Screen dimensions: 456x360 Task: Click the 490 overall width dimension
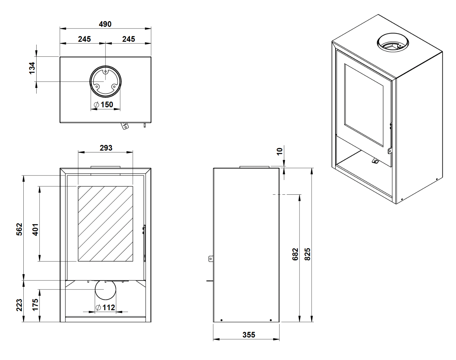[105, 24]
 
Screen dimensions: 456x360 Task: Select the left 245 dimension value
[84, 39]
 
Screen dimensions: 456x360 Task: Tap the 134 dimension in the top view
[32, 68]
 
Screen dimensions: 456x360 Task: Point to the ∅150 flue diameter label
[103, 104]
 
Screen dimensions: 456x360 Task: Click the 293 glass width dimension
[106, 148]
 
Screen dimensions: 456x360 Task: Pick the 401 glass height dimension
[35, 229]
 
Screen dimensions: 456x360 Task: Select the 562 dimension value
[19, 229]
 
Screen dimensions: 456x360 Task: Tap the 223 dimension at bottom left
[19, 305]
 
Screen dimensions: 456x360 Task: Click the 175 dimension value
[35, 305]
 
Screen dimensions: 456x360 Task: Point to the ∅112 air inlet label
[105, 307]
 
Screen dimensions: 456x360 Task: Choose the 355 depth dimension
[249, 335]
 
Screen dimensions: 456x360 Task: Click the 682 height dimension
[295, 254]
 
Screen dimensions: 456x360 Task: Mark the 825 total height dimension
[307, 254]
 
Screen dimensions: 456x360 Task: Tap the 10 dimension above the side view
[280, 151]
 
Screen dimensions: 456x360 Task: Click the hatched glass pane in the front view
[106, 224]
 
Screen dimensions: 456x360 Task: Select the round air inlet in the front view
[106, 289]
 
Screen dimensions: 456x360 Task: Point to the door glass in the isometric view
[364, 105]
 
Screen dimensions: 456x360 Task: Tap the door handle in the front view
[144, 243]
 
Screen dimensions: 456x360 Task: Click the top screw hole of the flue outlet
[106, 71]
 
